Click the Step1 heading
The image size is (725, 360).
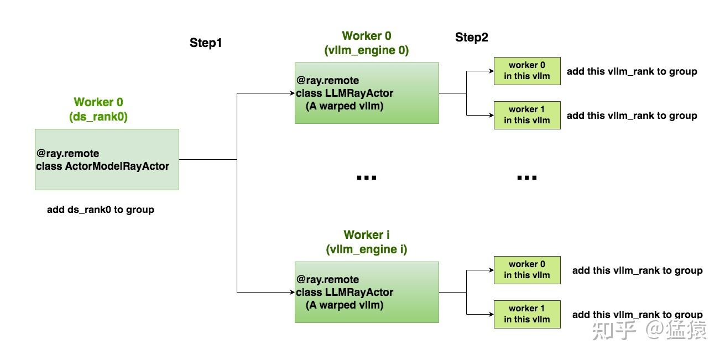pyautogui.click(x=206, y=43)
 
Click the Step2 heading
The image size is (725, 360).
pyautogui.click(x=472, y=37)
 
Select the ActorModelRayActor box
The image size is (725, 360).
pyautogui.click(x=107, y=159)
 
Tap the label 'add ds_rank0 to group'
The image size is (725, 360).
pyautogui.click(x=100, y=210)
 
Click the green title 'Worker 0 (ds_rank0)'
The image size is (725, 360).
pyautogui.click(x=98, y=109)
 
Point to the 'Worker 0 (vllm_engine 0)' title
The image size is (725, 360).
pyautogui.click(x=367, y=43)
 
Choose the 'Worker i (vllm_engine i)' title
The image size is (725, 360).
pyautogui.click(x=367, y=242)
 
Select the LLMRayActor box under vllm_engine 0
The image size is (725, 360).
pyautogui.click(x=367, y=93)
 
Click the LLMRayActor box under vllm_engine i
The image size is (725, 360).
pyautogui.click(x=367, y=292)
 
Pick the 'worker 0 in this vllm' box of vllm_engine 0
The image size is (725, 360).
pyautogui.click(x=527, y=71)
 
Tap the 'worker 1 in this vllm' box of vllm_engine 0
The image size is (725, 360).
pyautogui.click(x=527, y=115)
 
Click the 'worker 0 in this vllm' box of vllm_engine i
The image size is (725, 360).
pyautogui.click(x=527, y=270)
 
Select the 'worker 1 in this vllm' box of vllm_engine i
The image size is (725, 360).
pyautogui.click(x=527, y=314)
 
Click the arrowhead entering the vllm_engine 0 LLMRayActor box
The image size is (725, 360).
pyautogui.click(x=293, y=93)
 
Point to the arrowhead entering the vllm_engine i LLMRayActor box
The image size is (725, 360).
pyautogui.click(x=293, y=292)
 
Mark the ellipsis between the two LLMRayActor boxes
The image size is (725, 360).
pyautogui.click(x=367, y=178)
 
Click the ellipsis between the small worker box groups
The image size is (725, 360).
pyautogui.click(x=527, y=178)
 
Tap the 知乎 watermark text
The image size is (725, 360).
pyautogui.click(x=614, y=330)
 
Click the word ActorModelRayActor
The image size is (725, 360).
pyautogui.click(x=117, y=166)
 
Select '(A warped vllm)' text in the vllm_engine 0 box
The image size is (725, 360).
pyautogui.click(x=345, y=106)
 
